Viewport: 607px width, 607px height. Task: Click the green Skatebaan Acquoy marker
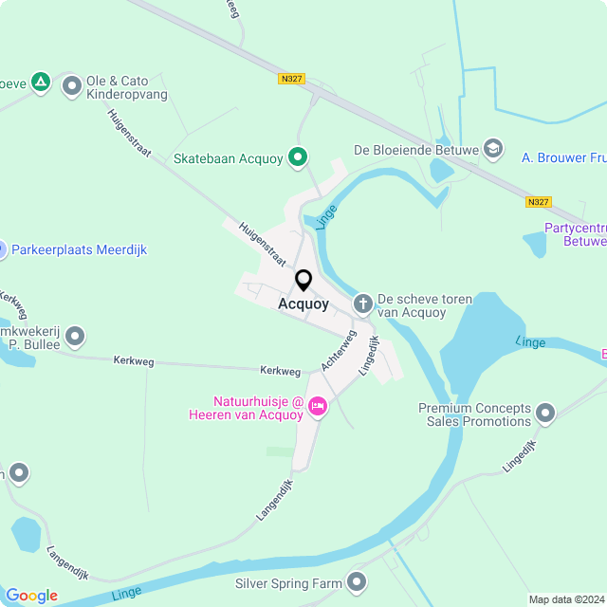click(x=298, y=157)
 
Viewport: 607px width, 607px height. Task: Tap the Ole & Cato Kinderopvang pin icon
click(x=71, y=87)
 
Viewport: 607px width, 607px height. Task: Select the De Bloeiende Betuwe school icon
click(x=492, y=148)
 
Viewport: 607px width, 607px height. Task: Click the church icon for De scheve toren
click(x=362, y=303)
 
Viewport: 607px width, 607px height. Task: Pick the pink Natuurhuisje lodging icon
click(x=318, y=406)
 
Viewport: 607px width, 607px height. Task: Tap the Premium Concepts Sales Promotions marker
click(x=544, y=413)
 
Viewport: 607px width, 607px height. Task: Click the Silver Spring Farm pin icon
click(x=357, y=580)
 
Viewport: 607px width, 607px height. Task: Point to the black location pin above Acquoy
click(x=303, y=281)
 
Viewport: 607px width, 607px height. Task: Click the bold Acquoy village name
click(x=303, y=304)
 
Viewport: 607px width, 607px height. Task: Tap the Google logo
click(x=31, y=596)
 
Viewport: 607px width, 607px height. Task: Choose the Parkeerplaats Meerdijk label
click(x=79, y=249)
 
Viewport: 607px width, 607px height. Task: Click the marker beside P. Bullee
click(x=75, y=336)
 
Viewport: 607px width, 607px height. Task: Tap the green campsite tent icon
click(x=40, y=83)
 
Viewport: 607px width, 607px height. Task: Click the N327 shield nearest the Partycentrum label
click(x=538, y=202)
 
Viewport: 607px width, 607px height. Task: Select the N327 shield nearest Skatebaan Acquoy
click(x=291, y=79)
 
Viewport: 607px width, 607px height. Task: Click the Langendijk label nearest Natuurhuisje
click(x=275, y=500)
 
